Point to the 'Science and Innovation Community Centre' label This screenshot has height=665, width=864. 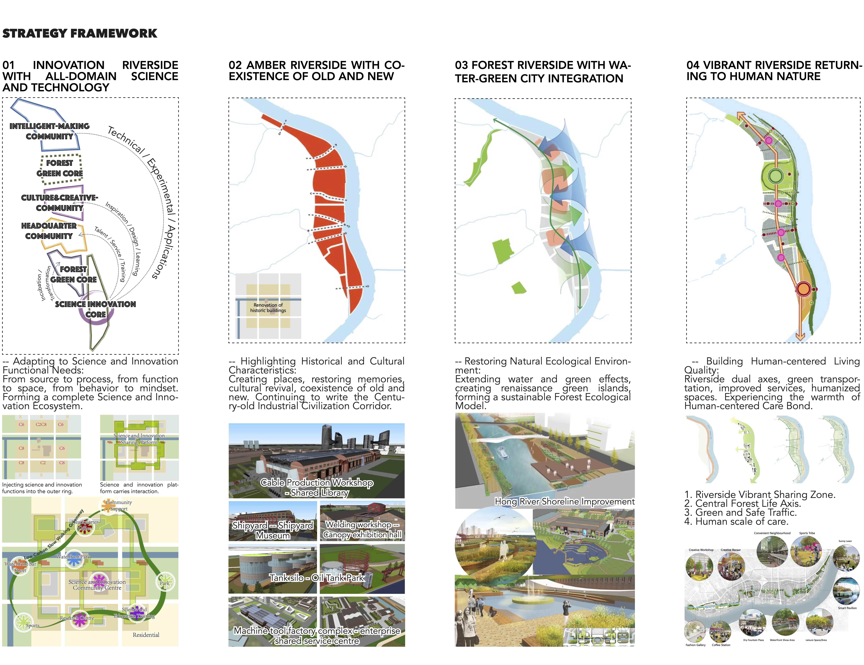coord(97,585)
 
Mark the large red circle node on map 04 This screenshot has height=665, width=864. coord(803,289)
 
